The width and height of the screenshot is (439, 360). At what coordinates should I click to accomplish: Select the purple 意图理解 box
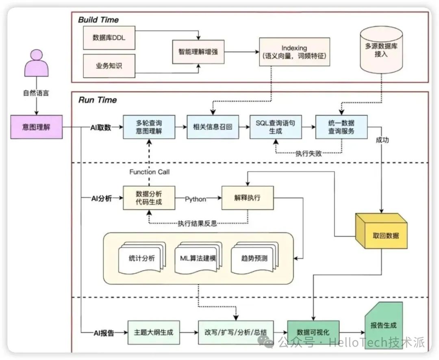37,127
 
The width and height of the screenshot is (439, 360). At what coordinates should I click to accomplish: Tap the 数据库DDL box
108,37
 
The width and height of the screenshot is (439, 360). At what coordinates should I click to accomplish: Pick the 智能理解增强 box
198,52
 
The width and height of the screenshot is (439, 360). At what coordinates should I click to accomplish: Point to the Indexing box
294,52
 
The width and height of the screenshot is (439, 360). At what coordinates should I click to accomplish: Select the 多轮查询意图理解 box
149,127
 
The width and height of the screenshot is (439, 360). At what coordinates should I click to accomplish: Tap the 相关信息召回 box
212,127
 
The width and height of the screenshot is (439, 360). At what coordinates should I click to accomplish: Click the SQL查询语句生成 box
275,127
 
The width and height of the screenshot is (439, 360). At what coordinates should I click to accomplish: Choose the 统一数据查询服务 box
341,127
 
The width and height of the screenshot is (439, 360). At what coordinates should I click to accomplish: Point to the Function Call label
149,172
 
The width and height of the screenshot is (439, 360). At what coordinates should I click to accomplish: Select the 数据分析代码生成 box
149,198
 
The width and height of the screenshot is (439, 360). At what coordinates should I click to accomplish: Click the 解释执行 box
247,198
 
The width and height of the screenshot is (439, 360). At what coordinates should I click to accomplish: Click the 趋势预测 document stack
249,258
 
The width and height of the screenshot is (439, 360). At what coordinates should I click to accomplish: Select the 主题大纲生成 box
153,332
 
